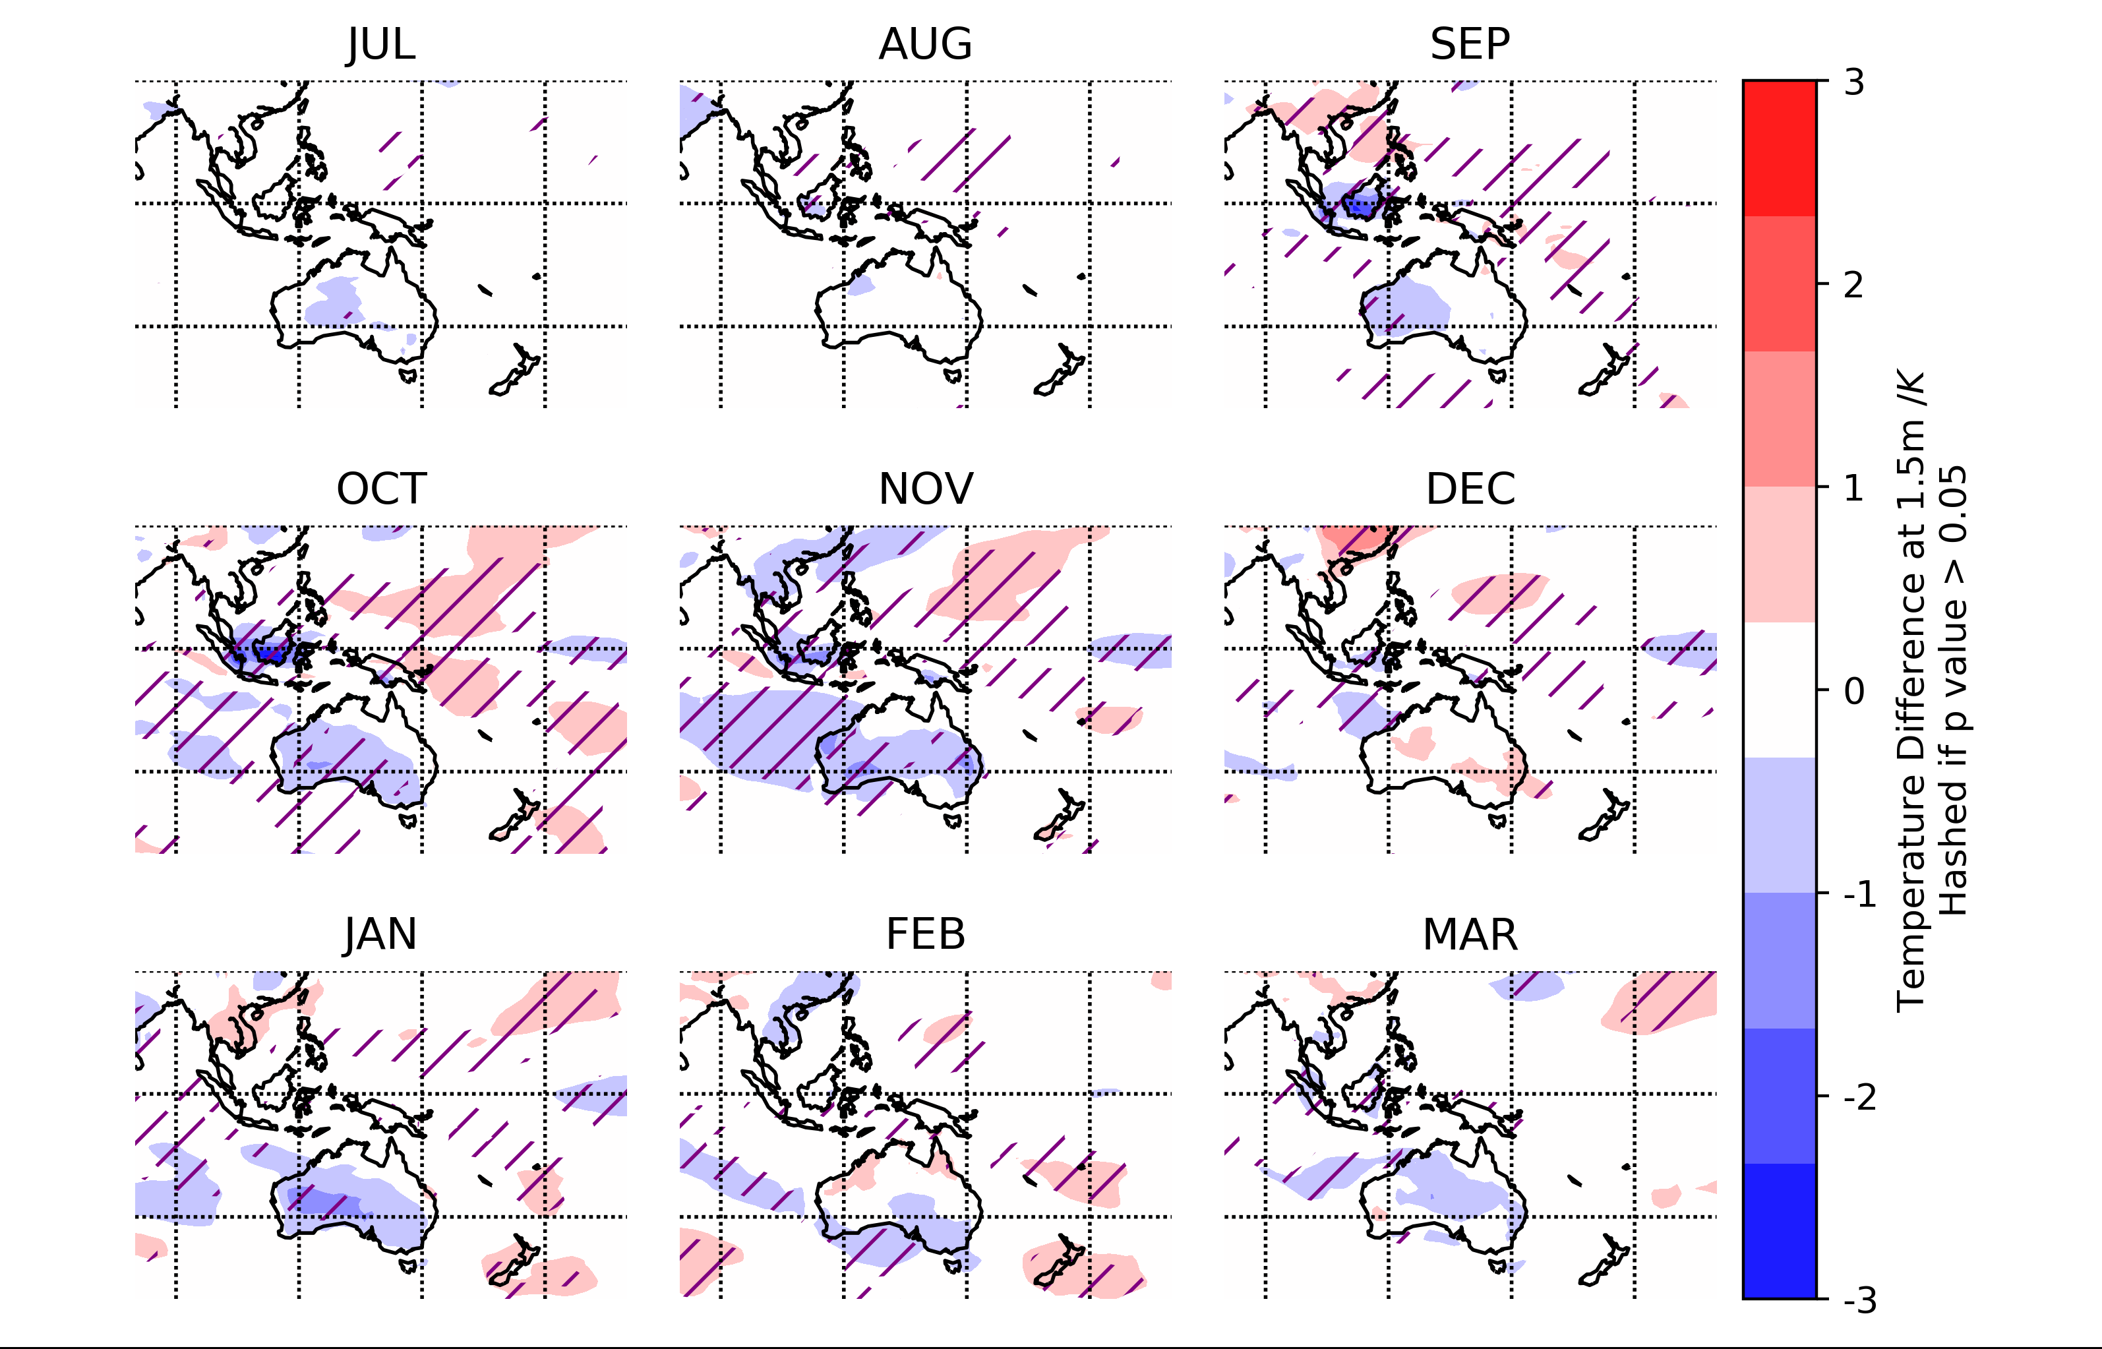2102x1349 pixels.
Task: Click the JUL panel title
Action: point(381,44)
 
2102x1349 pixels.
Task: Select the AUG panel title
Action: point(926,44)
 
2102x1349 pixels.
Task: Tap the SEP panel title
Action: point(1470,44)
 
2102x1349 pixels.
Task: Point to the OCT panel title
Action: point(381,489)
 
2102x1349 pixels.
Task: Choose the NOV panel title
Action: point(926,489)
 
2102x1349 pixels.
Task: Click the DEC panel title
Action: point(1470,489)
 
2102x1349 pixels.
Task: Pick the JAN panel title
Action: point(381,934)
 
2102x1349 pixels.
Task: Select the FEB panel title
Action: point(926,934)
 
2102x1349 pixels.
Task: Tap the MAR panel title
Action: point(1470,934)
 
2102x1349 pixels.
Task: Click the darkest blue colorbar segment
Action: point(1779,1231)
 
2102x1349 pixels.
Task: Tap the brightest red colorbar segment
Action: point(1779,148)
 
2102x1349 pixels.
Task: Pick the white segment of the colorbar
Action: point(1779,690)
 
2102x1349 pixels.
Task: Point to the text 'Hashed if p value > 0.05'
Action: point(1953,692)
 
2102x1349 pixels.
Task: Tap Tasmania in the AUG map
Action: point(953,376)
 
